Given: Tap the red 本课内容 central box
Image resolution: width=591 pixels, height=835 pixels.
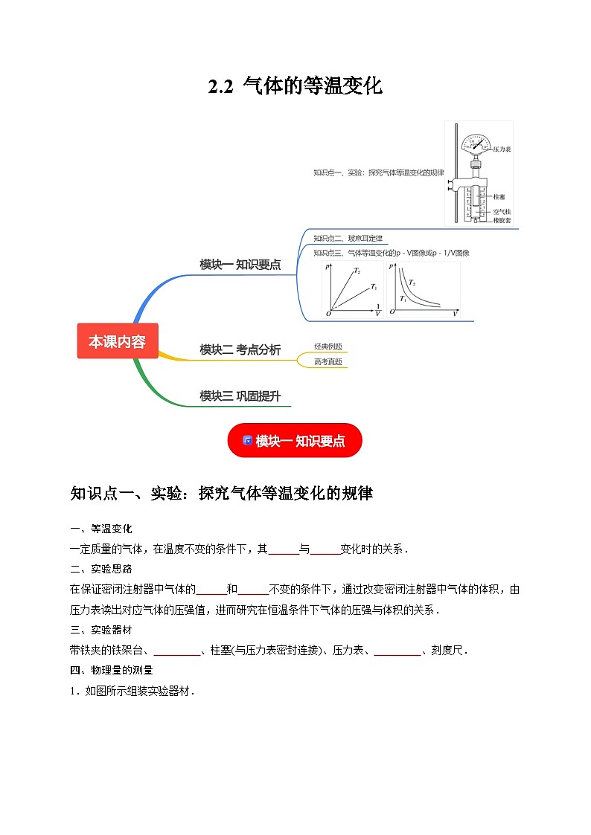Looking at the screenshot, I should (118, 341).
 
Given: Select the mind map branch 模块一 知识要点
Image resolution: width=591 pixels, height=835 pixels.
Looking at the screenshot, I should (240, 264).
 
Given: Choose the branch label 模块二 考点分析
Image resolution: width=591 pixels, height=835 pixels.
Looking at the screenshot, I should (240, 349).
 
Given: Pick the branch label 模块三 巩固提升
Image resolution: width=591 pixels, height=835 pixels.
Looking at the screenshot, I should (240, 396).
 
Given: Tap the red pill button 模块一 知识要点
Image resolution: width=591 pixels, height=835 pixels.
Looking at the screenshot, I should (295, 441).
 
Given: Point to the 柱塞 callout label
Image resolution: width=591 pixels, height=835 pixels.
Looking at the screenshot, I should (499, 197).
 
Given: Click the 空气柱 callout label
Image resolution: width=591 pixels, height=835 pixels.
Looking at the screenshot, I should (502, 212).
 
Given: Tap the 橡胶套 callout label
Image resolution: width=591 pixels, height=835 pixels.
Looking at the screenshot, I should (502, 221).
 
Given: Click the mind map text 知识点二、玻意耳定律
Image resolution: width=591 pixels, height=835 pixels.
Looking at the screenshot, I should (348, 239).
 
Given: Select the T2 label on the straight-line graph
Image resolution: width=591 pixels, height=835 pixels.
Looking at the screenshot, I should (357, 271).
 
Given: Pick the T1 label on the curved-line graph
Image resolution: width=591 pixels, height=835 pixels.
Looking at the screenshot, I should (403, 298).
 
